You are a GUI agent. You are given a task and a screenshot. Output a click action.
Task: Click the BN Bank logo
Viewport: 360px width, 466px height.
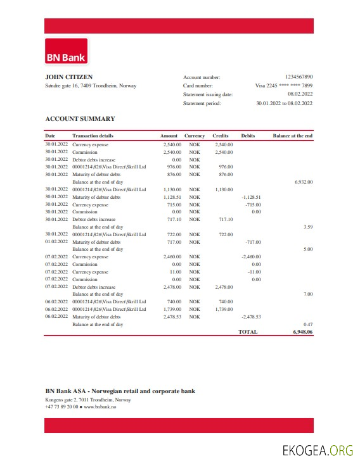pos(66,52)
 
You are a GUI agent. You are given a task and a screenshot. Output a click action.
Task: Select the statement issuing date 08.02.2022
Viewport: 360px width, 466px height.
pos(300,94)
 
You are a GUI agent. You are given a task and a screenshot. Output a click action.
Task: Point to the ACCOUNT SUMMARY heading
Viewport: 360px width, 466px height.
pos(80,118)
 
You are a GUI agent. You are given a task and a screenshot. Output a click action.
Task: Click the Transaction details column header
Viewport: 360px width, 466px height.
pos(93,136)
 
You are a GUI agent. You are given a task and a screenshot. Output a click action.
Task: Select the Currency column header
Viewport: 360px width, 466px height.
pos(195,136)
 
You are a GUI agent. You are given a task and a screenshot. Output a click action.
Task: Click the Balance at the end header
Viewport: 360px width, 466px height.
pos(292,136)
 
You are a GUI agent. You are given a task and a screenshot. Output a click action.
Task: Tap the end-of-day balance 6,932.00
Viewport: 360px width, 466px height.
pos(304,182)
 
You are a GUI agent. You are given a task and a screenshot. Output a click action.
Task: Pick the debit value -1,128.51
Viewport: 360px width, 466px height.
pos(251,197)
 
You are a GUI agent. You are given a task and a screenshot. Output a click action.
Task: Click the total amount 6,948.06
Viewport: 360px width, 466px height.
pos(302,331)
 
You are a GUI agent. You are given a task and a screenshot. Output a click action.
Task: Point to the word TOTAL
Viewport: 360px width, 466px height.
pos(248,331)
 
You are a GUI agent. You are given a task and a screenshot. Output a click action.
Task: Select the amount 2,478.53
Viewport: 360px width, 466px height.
pos(172,317)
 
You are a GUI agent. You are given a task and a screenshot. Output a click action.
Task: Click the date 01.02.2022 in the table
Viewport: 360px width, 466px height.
pos(56,242)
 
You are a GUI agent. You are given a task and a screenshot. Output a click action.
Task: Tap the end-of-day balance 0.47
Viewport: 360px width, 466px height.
pos(308,324)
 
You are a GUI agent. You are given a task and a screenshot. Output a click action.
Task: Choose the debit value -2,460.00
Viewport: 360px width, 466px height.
pos(251,257)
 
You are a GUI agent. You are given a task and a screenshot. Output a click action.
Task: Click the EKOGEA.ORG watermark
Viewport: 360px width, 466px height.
pos(318,450)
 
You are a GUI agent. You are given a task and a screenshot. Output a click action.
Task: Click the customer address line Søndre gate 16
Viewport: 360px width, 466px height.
pos(91,86)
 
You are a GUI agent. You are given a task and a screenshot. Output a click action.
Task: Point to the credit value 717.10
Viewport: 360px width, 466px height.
pos(226,219)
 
